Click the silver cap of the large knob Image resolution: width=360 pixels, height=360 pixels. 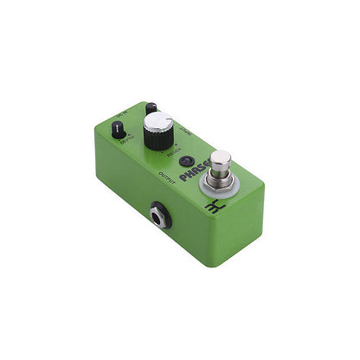point(157,124)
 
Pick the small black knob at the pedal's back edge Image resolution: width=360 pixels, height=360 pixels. point(151,108)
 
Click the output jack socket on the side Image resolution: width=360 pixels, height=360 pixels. point(160,215)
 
